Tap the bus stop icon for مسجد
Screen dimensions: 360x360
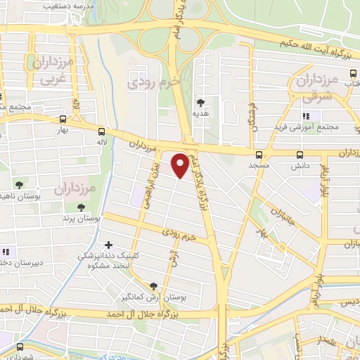click(259, 155)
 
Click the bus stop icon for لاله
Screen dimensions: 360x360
click(102, 131)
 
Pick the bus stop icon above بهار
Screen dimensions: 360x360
click(64, 120)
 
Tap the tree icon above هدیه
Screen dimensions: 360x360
click(200, 103)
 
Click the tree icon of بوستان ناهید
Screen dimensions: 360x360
click(19, 185)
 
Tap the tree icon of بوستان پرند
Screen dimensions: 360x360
click(81, 207)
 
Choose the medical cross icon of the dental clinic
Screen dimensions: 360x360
click(107, 244)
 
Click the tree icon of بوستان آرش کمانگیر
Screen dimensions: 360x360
click(153, 285)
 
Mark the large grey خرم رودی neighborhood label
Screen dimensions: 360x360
click(154, 83)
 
